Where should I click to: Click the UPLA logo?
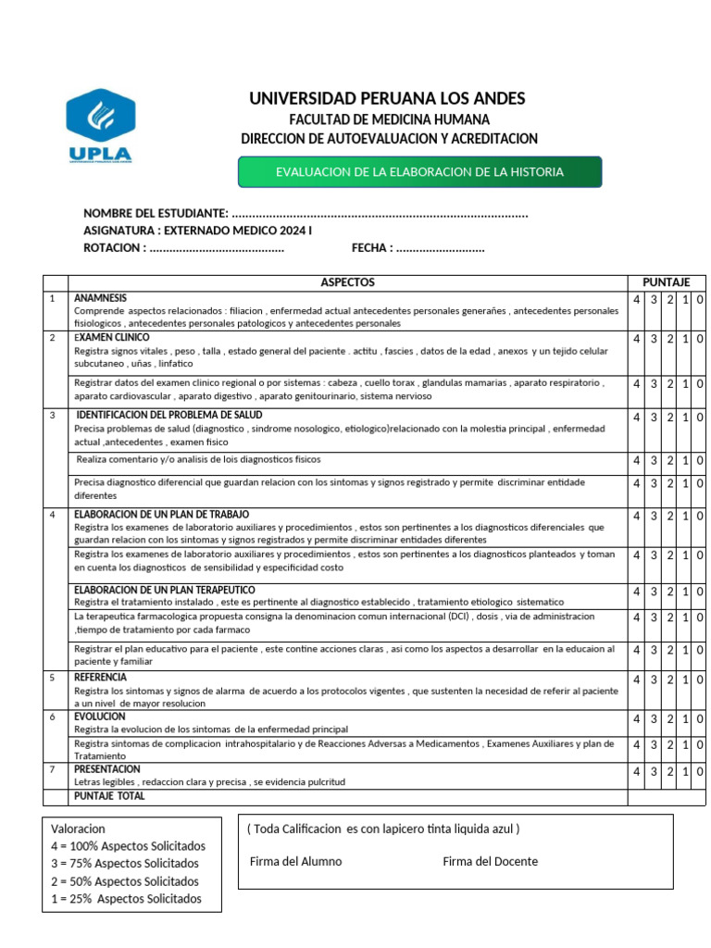[100, 127]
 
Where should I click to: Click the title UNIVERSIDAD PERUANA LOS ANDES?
[387, 98]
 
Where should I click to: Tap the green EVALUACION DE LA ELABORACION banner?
[419, 172]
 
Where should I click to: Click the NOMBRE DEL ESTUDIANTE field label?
[156, 214]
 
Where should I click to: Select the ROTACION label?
[114, 248]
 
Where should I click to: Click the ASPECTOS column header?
[347, 282]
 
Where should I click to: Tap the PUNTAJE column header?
[667, 282]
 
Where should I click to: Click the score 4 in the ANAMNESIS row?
[637, 300]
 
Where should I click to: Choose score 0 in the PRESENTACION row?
[700, 771]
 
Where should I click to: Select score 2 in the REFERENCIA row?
[669, 680]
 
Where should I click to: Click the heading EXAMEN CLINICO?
[111, 338]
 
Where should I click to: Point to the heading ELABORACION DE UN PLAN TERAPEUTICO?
[165, 590]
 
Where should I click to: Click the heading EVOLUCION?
[100, 717]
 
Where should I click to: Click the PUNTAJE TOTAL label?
[109, 796]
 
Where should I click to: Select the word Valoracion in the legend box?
[79, 829]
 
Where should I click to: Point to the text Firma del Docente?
[490, 862]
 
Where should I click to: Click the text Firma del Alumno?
[295, 862]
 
